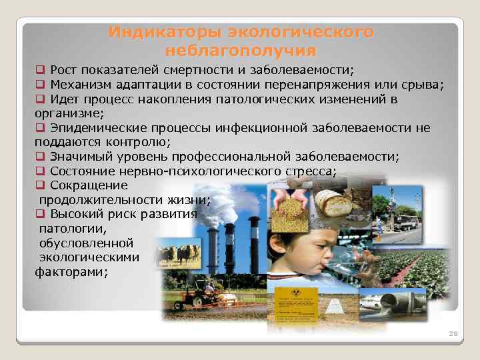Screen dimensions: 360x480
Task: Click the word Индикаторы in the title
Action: pos(165,32)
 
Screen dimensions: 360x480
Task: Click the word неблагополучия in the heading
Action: pos(241,51)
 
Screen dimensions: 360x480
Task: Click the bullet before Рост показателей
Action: pos(40,69)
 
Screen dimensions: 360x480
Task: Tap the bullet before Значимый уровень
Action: pos(40,157)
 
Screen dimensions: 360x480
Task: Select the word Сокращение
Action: pos(89,186)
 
